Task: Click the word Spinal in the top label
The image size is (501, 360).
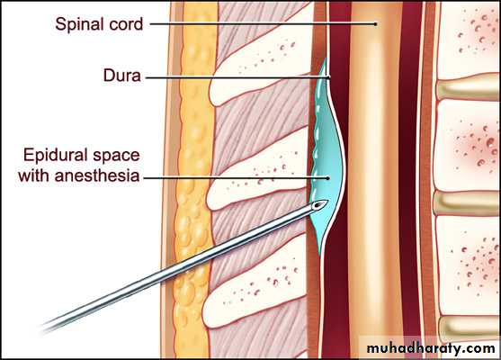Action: pos(79,24)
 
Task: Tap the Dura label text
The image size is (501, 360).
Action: pos(121,76)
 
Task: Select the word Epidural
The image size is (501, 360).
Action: pos(56,156)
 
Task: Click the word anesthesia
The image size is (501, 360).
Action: pos(97,175)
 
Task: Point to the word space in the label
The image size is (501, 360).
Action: pos(116,157)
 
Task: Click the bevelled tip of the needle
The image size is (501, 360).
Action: pos(321,204)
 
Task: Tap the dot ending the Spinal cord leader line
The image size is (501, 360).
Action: pos(376,23)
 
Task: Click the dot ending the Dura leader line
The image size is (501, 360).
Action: pos(329,77)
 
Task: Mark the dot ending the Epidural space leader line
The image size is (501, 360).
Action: pos(327,178)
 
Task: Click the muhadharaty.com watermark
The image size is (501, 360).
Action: pos(431,348)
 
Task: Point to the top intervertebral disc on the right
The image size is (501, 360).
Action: pos(468,87)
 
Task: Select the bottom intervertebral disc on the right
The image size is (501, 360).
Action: pos(469,329)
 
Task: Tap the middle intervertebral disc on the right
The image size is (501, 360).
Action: pos(467,203)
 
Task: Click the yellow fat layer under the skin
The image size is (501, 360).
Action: pos(192,179)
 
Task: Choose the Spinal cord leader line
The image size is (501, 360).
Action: pos(262,23)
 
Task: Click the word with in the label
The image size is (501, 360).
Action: pos(34,175)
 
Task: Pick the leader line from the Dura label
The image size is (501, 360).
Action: pos(237,77)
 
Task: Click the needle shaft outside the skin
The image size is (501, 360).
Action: pos(105,296)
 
